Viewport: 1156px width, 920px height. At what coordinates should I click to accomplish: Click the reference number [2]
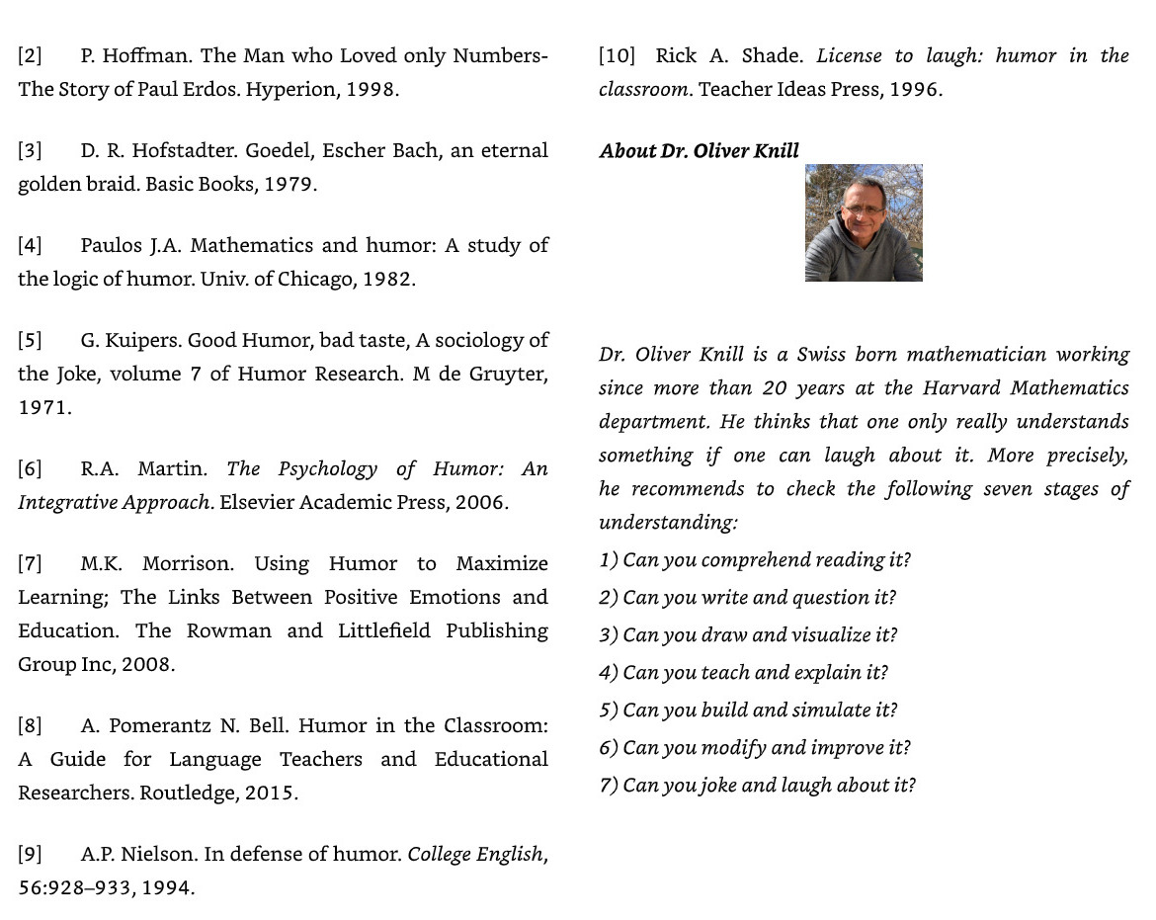coord(30,56)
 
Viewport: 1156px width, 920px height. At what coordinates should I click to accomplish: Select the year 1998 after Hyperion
coord(372,90)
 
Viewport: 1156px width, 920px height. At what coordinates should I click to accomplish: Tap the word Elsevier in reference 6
coord(256,503)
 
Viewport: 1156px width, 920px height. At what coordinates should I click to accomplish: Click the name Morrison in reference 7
coord(188,564)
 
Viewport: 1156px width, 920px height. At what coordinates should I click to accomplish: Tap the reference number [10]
coord(617,56)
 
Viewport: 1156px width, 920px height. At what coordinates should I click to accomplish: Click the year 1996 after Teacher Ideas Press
coord(915,90)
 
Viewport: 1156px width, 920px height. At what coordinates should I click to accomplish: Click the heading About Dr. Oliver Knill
coord(699,151)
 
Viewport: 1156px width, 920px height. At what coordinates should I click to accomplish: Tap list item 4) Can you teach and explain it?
coord(743,673)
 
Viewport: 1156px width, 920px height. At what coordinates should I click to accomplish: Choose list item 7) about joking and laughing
coord(757,786)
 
